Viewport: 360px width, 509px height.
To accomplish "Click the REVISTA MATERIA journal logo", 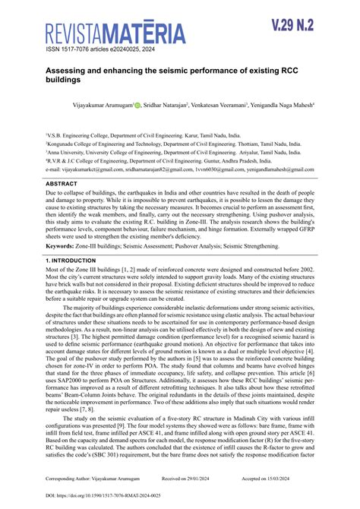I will pos(115,33).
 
